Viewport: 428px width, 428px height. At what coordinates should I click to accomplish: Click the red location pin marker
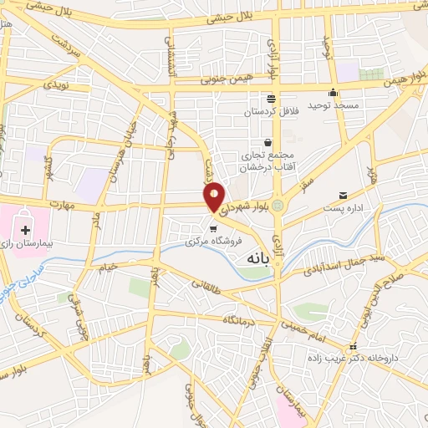pyautogui.click(x=215, y=196)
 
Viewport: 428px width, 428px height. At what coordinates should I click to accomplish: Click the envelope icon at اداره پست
pyautogui.click(x=344, y=196)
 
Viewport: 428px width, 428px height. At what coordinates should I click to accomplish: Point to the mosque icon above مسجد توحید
pyautogui.click(x=334, y=93)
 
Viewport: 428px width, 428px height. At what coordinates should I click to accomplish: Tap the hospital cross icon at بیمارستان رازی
pyautogui.click(x=25, y=229)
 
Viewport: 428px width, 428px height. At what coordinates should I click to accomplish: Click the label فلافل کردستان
pyautogui.click(x=271, y=111)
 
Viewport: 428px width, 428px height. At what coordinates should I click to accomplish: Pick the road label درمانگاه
pyautogui.click(x=239, y=320)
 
